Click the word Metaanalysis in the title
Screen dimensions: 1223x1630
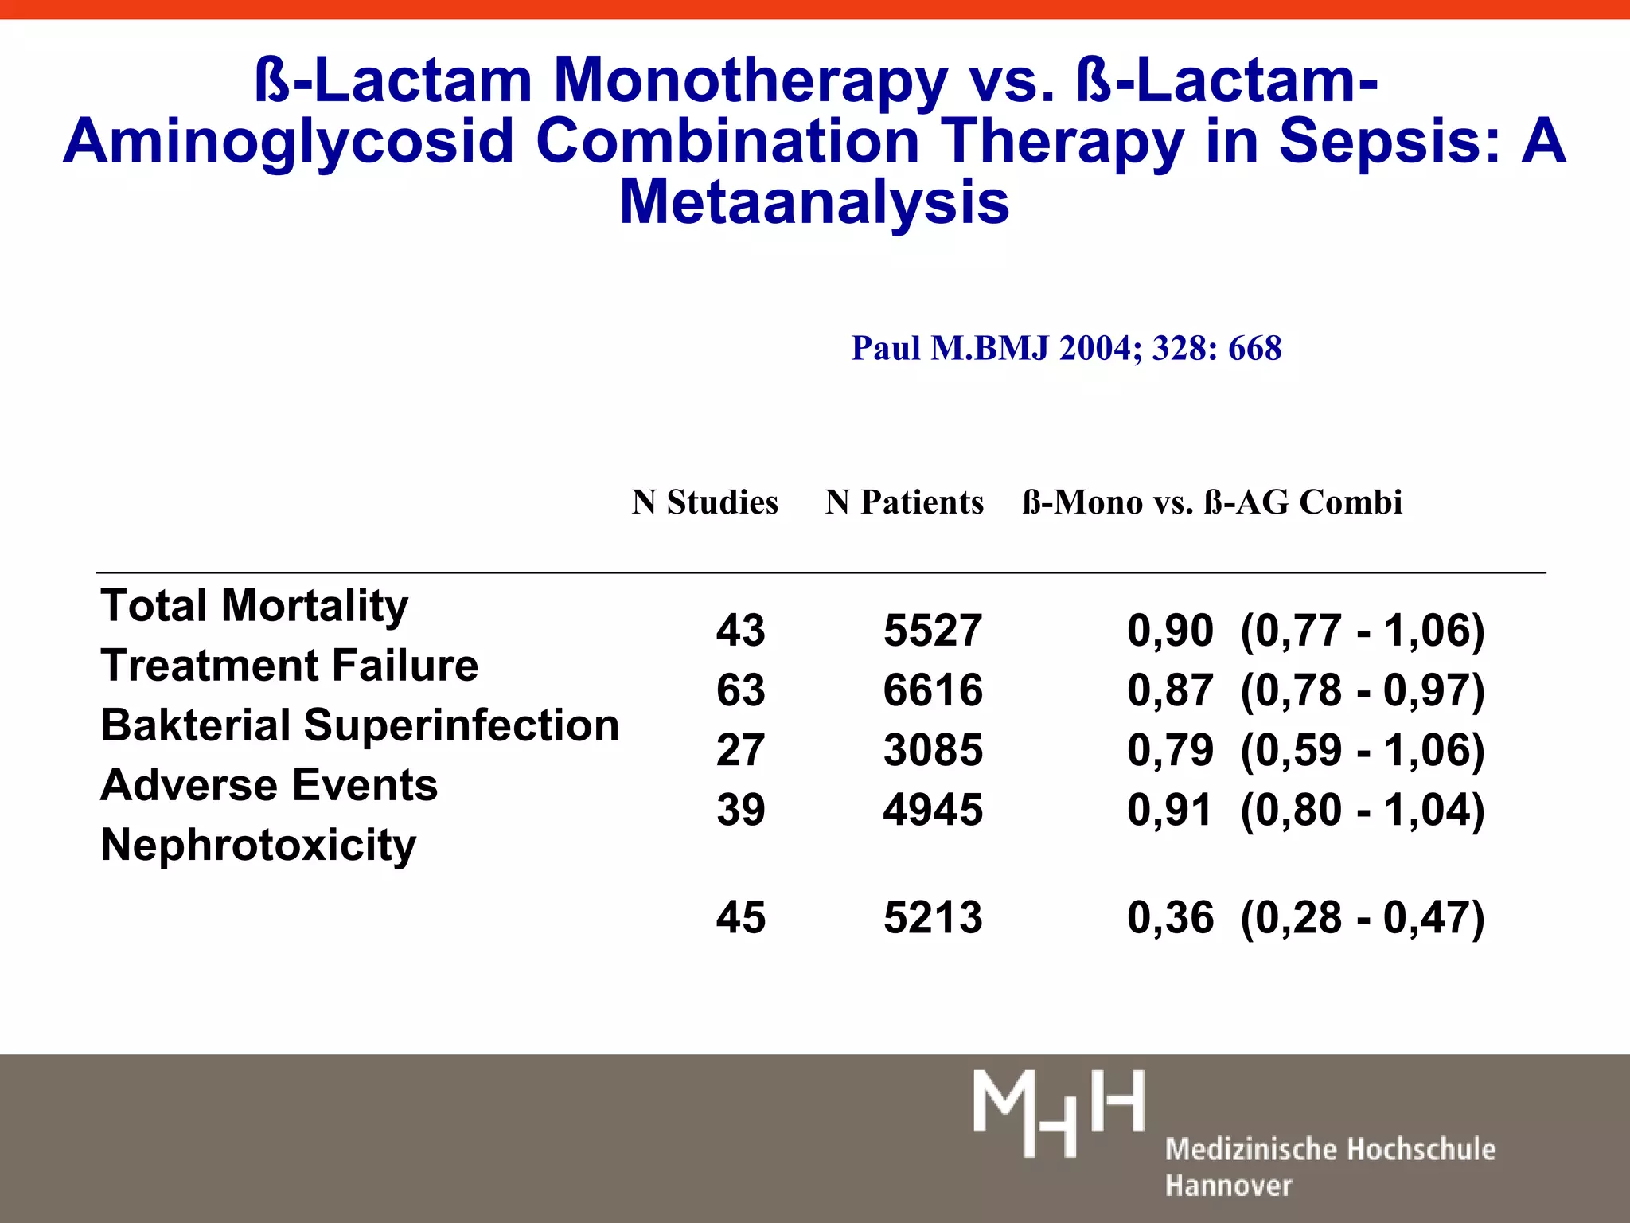click(814, 202)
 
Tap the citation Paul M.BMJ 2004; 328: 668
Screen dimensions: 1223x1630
click(1067, 348)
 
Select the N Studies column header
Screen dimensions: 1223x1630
click(704, 502)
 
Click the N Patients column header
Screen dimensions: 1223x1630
click(904, 502)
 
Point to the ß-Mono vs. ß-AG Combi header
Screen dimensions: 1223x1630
click(1211, 502)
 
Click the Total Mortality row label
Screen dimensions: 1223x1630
click(254, 606)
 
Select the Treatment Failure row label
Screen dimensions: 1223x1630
click(289, 666)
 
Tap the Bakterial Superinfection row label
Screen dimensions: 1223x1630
click(360, 725)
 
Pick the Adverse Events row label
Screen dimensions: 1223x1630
click(269, 785)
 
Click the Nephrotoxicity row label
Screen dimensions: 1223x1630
click(258, 845)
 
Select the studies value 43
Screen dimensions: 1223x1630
click(740, 630)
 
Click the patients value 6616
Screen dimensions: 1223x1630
click(933, 690)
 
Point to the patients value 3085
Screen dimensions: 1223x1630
click(933, 750)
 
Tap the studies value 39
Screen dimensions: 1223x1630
click(740, 810)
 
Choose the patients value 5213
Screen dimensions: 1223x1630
click(933, 917)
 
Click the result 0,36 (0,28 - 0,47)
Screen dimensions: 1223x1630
click(1305, 917)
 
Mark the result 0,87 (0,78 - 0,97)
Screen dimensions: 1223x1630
click(1305, 690)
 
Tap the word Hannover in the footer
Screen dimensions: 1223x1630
click(1228, 1186)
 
